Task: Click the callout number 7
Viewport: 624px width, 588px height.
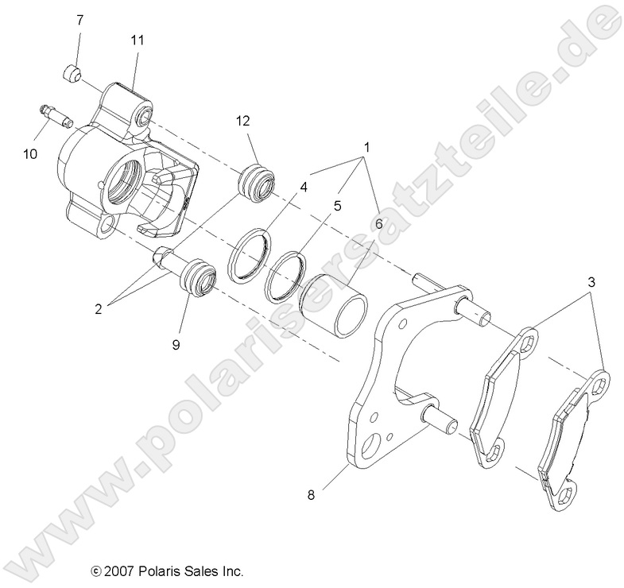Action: point(79,20)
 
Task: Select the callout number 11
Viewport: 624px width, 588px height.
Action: point(136,38)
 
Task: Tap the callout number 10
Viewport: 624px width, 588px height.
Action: point(29,153)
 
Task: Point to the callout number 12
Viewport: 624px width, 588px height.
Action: point(242,121)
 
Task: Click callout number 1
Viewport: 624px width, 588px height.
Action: point(367,149)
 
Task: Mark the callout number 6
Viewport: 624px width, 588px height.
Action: point(378,224)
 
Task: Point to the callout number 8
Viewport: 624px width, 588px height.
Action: point(311,494)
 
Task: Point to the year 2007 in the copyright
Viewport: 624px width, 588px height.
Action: point(120,571)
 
